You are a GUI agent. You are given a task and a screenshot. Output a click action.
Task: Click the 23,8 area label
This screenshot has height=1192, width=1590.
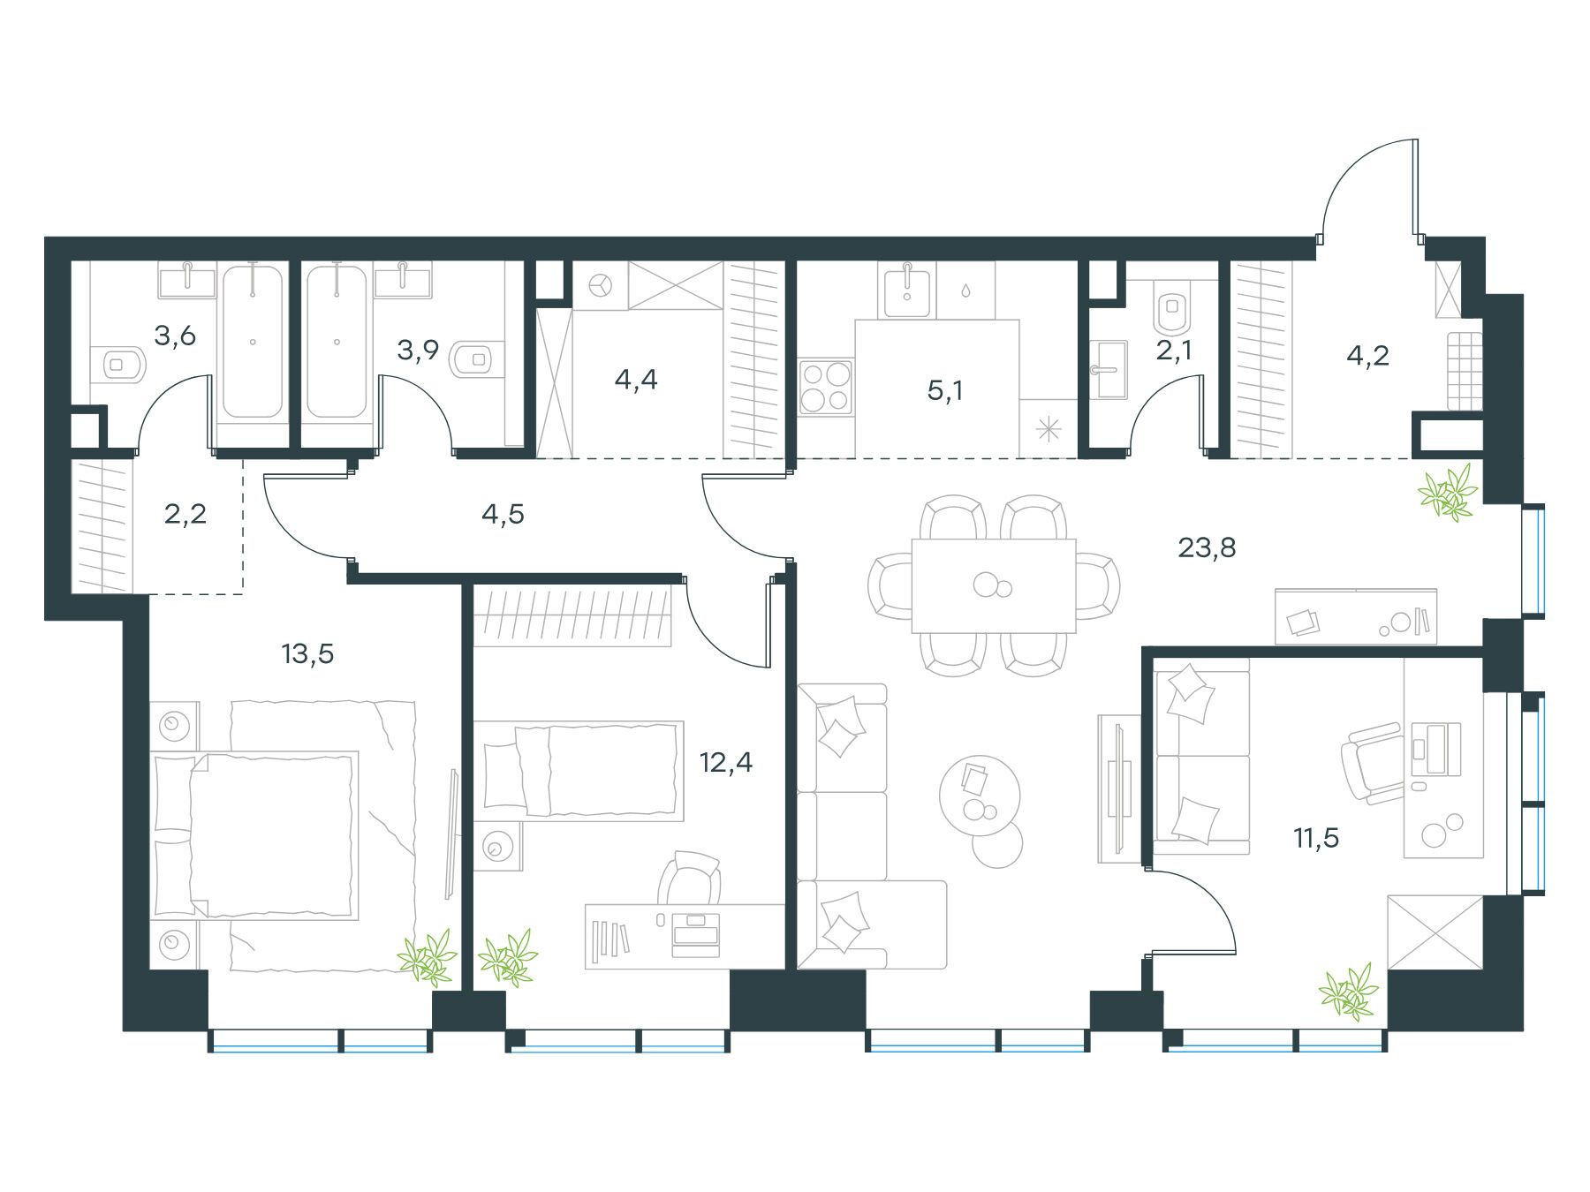1207,548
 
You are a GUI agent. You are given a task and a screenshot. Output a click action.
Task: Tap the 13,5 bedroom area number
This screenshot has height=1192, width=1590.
307,654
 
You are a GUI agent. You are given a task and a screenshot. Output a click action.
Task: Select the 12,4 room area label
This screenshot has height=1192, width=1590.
726,762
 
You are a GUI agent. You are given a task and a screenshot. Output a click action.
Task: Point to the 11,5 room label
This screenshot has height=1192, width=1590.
1316,838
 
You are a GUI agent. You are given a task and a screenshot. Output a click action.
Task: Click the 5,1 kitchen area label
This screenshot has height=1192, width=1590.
944,390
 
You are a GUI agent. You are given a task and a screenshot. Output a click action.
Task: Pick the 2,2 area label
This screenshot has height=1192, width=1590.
185,513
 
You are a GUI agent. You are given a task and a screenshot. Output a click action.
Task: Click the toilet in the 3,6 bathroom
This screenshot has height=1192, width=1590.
123,363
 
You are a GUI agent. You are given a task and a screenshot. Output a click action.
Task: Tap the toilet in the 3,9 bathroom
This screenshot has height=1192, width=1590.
472,359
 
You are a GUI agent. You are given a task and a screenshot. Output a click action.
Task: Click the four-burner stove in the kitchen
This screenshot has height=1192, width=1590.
826,387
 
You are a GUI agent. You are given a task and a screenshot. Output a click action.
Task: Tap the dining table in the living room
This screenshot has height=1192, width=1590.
994,586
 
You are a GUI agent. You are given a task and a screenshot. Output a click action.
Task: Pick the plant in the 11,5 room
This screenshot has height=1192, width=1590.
1348,992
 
